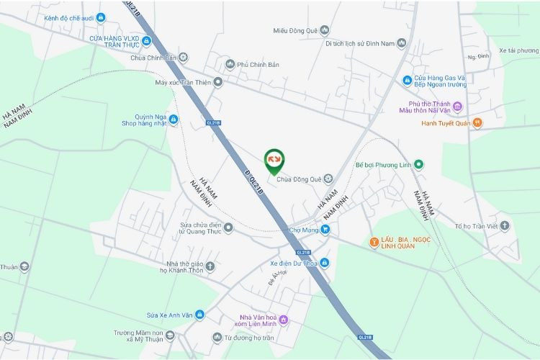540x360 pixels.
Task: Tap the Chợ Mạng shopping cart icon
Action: point(325,230)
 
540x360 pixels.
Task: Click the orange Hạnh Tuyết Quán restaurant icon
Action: point(477,123)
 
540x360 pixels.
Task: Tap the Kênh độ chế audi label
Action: point(69,17)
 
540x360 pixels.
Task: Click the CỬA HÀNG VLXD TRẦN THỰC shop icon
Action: point(147,40)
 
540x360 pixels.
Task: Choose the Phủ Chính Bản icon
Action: point(230,64)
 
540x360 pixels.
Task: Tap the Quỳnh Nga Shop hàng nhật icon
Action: point(174,119)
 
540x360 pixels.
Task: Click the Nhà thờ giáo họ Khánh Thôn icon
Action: point(210,266)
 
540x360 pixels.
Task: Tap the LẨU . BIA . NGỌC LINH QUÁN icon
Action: point(374,242)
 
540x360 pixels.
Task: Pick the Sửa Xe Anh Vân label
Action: point(170,315)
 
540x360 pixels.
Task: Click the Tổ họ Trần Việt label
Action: point(476,226)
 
